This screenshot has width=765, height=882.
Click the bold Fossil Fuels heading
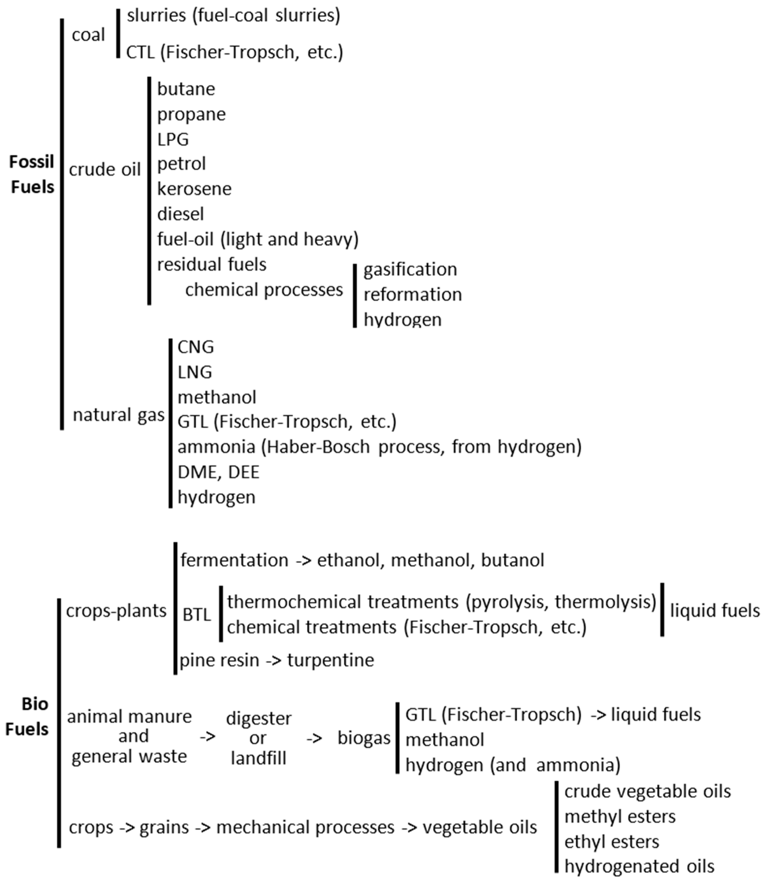[x=32, y=174]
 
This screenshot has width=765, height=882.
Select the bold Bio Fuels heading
[x=27, y=716]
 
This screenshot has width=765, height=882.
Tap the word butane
[x=186, y=89]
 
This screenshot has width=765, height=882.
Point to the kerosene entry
[x=194, y=189]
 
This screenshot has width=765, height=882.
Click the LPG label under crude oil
[x=173, y=139]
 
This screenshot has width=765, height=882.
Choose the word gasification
[x=410, y=269]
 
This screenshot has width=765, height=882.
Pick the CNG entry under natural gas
[x=196, y=347]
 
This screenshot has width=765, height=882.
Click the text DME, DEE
[x=218, y=472]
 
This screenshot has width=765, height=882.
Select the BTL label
[x=197, y=615]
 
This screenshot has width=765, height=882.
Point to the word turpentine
[x=331, y=660]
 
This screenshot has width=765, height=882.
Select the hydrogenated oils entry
[x=639, y=866]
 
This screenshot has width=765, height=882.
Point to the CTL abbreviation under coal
[x=140, y=52]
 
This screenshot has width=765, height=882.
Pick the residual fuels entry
[x=212, y=265]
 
